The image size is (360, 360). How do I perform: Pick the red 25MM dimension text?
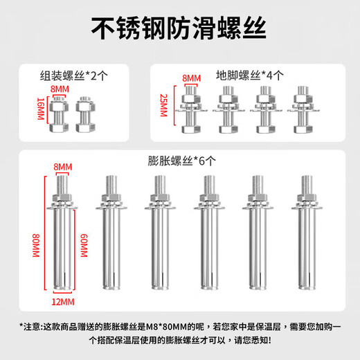[x=163, y=107]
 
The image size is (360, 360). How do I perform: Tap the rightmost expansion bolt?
[x=306, y=235]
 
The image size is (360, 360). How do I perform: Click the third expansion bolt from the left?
[x=158, y=235]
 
